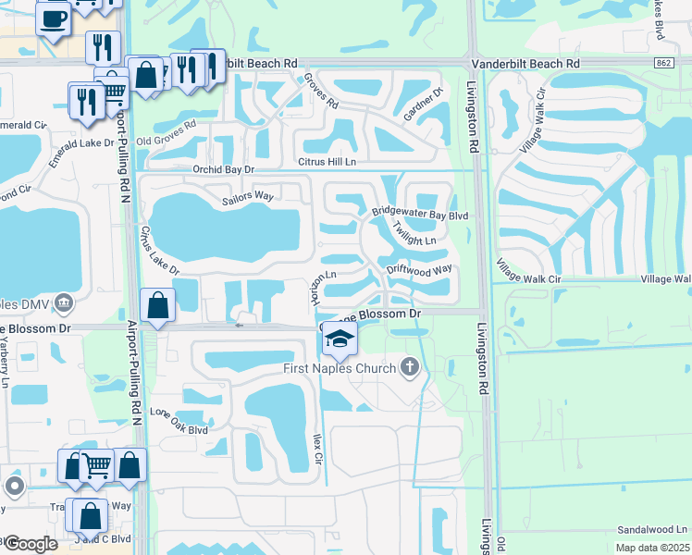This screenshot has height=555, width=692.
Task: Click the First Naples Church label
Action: coord(340,369)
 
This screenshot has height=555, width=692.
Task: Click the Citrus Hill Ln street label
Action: coord(326,162)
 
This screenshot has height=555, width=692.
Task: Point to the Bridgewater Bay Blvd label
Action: coord(421,213)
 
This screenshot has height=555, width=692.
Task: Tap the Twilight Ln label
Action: coord(414,234)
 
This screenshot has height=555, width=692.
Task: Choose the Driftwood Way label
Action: coord(419,270)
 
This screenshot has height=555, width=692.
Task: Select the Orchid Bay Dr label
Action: coord(223,169)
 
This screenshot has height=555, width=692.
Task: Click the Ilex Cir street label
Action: coord(317,452)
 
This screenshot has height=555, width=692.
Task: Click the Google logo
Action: coord(31,544)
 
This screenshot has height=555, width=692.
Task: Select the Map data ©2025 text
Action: coord(653,548)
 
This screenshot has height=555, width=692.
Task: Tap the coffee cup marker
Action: coord(54,18)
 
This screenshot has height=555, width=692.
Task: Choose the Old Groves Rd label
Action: coord(167,134)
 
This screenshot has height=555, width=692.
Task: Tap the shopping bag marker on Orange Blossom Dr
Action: coord(158,305)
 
